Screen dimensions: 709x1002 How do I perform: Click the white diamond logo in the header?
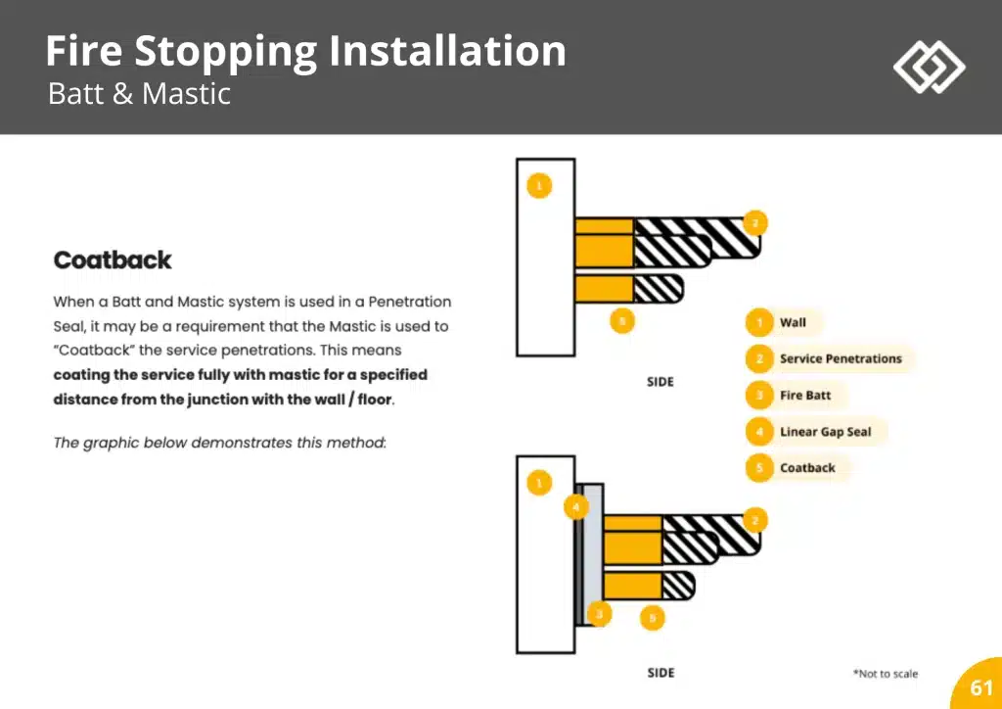[x=929, y=67]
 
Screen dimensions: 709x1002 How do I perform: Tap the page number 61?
[x=980, y=687]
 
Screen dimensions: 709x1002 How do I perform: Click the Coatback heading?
[x=113, y=260]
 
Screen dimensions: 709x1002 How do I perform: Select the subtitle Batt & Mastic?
[x=139, y=95]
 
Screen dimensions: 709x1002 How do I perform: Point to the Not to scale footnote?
[x=885, y=674]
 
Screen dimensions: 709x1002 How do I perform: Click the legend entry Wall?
[x=792, y=323]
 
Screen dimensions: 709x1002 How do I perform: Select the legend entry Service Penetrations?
[x=840, y=359]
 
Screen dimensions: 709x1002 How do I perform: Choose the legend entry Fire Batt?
[x=804, y=396]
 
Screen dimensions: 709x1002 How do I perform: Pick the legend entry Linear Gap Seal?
[x=825, y=432]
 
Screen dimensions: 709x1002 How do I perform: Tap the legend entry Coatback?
[x=807, y=468]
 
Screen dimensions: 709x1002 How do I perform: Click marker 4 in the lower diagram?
[x=577, y=507]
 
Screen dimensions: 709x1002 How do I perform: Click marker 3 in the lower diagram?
[x=599, y=614]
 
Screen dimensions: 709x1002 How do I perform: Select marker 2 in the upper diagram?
[x=754, y=222]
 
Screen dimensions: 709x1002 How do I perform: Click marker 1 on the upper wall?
[x=538, y=185]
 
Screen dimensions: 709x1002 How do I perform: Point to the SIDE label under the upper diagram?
[x=660, y=382]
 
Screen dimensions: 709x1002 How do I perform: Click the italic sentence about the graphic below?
[x=220, y=443]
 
